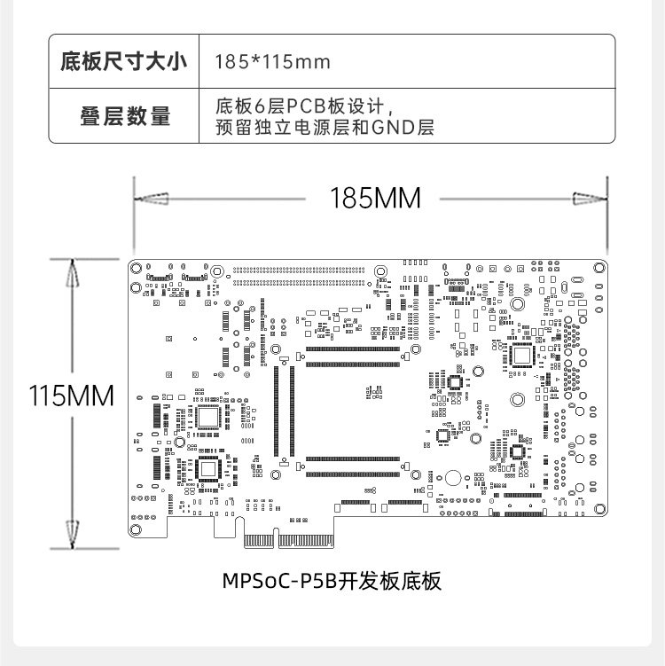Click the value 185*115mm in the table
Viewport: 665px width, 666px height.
tap(273, 62)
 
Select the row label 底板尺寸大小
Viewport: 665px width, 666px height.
tap(123, 62)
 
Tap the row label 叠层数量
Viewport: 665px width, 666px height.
tap(124, 116)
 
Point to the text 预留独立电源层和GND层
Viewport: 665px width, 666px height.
tap(325, 128)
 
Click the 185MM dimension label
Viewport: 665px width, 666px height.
tap(375, 198)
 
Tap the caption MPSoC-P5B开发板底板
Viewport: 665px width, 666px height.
tap(332, 582)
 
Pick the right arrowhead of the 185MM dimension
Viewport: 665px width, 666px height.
tap(591, 198)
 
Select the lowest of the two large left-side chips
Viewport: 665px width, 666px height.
tap(207, 468)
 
